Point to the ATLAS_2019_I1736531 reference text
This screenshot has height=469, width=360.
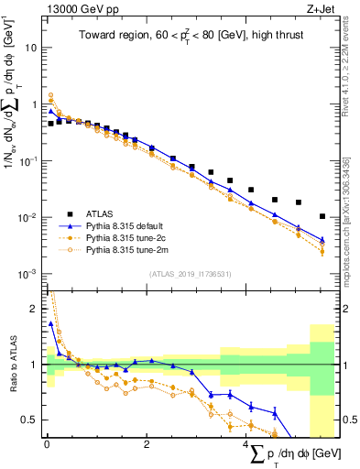pyautogui.click(x=190, y=274)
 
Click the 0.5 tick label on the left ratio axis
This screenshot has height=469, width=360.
pyautogui.click(x=30, y=420)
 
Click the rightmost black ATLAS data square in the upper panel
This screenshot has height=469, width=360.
pyautogui.click(x=322, y=217)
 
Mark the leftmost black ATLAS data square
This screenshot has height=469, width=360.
pyautogui.click(x=51, y=123)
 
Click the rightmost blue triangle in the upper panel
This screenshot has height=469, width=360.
pyautogui.click(x=322, y=241)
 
